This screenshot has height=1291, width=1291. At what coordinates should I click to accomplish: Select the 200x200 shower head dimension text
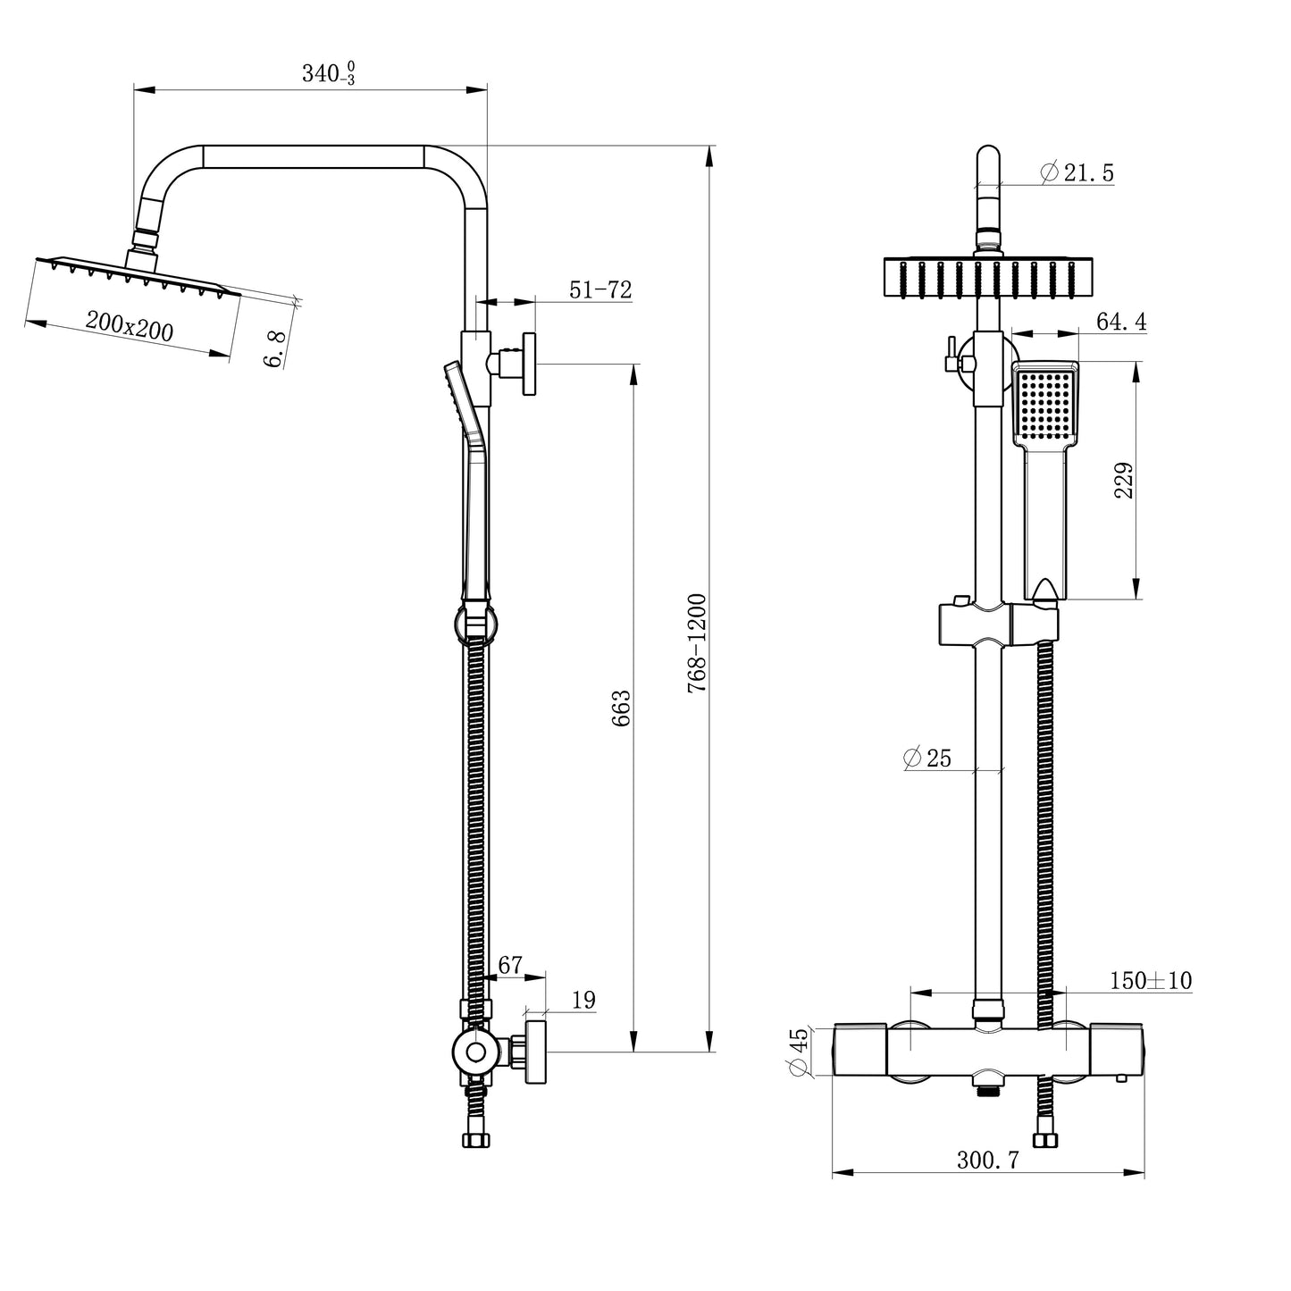130,325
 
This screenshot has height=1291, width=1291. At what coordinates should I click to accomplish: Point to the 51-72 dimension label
600,289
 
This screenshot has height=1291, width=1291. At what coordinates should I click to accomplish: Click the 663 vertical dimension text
622,708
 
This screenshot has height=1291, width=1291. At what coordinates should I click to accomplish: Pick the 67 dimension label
509,965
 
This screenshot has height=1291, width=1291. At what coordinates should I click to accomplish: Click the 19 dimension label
583,1000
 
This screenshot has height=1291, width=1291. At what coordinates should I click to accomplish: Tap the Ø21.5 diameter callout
1077,173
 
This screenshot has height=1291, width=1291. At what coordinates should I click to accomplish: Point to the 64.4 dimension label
1120,322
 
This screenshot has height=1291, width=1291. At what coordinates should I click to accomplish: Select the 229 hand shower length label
1125,481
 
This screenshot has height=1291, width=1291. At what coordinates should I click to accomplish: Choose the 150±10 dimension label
1150,980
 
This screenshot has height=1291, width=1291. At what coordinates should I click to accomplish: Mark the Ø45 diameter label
799,1052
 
